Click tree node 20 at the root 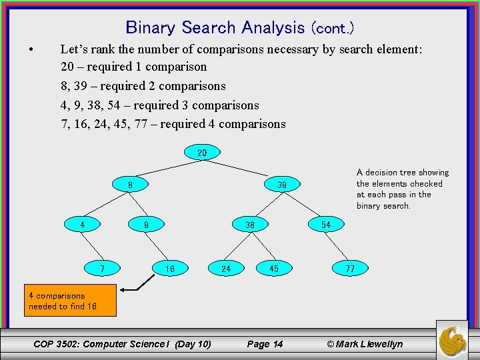[x=202, y=153]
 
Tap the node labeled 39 [x=282, y=184]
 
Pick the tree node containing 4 [x=83, y=225]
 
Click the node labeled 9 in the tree [x=146, y=225]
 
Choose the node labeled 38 [x=250, y=225]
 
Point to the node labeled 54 [x=326, y=225]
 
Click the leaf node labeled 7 [x=102, y=269]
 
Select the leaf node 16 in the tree [x=170, y=269]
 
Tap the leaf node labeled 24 [x=226, y=269]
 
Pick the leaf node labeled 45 [x=274, y=269]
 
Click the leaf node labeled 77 [x=350, y=269]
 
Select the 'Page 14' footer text [x=265, y=344]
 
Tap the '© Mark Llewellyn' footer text [x=365, y=344]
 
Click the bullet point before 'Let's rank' [x=31, y=49]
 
